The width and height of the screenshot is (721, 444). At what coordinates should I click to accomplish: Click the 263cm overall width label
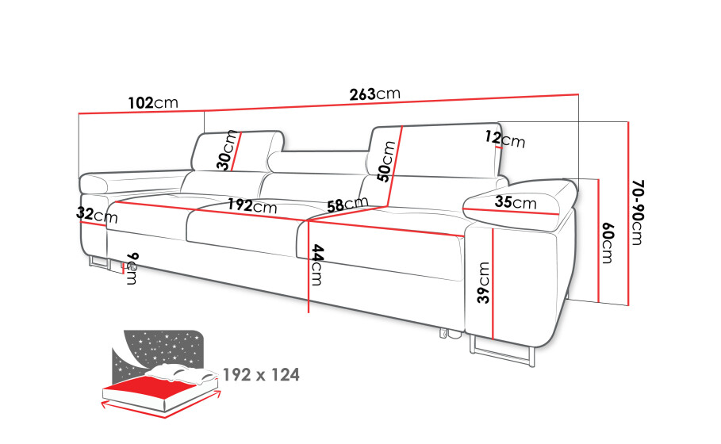(374, 94)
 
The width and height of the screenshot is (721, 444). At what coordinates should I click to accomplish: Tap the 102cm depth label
(153, 102)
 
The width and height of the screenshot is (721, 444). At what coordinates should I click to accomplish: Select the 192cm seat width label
(252, 205)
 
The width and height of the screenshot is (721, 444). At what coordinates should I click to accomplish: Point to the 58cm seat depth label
(347, 204)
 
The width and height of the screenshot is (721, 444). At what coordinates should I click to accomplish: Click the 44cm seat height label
(317, 265)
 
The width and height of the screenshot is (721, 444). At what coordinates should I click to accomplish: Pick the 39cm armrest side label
(483, 282)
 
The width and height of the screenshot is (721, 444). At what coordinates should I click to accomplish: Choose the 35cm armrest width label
(516, 201)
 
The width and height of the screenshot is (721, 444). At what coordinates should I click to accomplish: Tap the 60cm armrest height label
(608, 243)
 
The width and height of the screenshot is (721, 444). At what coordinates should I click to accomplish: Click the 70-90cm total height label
(639, 212)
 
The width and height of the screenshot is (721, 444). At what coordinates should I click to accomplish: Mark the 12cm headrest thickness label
(505, 139)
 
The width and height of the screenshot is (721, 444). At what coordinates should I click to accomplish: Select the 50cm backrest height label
(385, 161)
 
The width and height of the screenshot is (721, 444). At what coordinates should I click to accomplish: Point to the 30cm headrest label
(228, 151)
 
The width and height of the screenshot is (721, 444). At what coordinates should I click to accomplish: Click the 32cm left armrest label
(97, 214)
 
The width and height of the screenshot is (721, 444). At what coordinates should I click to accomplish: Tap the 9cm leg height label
(132, 269)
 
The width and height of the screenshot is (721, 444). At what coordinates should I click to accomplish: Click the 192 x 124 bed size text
(261, 375)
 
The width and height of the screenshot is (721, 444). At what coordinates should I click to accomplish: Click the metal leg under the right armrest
(502, 351)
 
